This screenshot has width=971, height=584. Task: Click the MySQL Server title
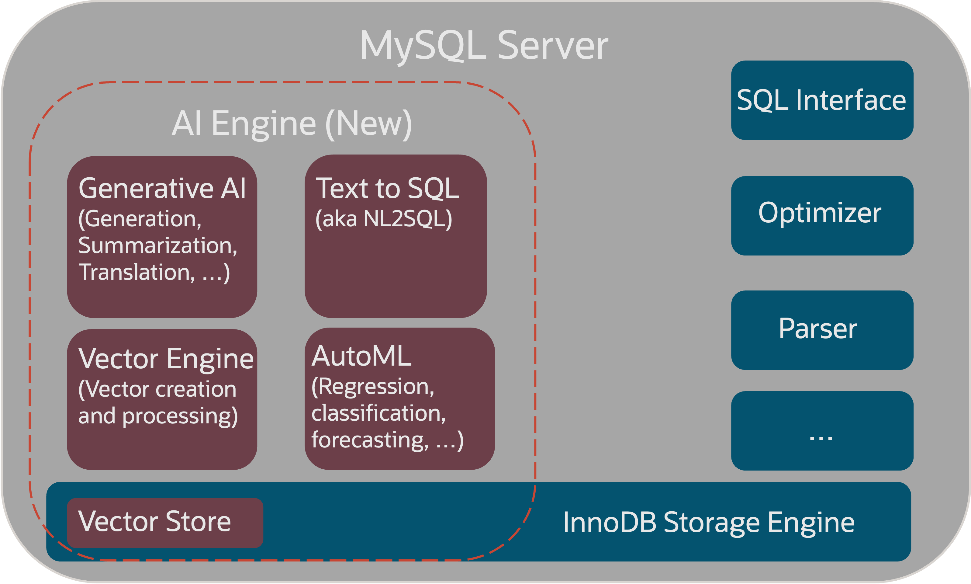coord(484,46)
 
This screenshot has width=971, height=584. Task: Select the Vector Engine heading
coord(166,359)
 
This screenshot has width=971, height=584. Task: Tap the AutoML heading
coord(361,356)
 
